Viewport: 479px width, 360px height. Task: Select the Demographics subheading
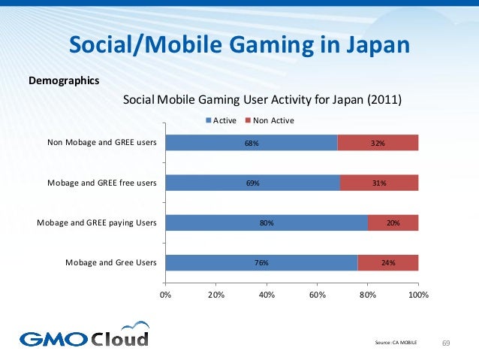click(x=63, y=79)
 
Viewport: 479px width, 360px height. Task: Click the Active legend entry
click(x=221, y=120)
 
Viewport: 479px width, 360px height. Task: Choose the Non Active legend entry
click(x=273, y=120)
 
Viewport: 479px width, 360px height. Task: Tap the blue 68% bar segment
click(x=252, y=142)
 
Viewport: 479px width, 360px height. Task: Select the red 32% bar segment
click(x=378, y=142)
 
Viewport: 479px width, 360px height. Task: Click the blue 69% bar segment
click(x=252, y=183)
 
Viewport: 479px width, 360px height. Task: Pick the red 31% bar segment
click(x=379, y=183)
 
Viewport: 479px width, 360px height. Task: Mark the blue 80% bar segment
click(x=267, y=222)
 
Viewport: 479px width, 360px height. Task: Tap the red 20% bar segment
click(x=393, y=222)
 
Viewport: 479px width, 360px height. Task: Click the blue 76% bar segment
click(x=261, y=262)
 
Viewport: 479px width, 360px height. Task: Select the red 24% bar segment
click(x=387, y=262)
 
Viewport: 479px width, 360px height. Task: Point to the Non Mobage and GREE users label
click(x=101, y=142)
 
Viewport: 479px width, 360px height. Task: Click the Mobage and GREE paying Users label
click(x=97, y=222)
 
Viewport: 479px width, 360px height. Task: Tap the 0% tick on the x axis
click(x=165, y=295)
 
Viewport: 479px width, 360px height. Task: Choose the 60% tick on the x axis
click(x=317, y=295)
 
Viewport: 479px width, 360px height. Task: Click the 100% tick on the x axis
click(x=418, y=295)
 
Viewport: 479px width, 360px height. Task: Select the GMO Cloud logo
click(x=84, y=336)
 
